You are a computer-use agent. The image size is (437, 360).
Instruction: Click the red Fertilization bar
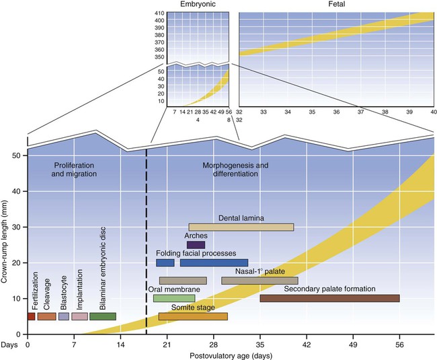tap(31, 316)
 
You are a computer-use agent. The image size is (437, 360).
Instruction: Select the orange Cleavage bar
tap(46, 316)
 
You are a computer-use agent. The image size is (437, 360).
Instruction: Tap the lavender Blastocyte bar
tap(64, 316)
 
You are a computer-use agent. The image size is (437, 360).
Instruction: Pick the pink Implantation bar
tap(79, 316)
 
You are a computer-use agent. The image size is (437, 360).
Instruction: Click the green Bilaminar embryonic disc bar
tap(102, 316)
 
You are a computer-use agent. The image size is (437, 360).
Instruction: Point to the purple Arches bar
tap(196, 245)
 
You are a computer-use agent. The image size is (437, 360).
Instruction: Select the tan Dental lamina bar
tap(241, 227)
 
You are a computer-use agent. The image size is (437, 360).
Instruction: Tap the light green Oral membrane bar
tap(173, 298)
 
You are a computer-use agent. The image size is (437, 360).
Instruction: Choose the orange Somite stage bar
tap(193, 316)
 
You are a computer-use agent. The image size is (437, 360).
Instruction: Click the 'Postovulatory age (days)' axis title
tap(231, 355)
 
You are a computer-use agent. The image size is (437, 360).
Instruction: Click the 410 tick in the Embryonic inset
tap(159, 13)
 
